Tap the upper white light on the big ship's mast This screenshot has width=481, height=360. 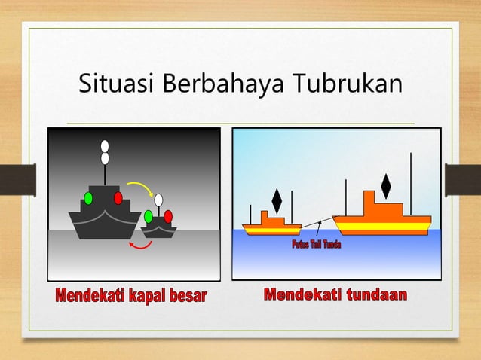point(105,146)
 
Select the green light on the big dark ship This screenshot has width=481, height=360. point(88,198)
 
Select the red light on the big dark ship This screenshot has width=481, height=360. point(118,198)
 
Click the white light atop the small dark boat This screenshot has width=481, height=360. point(159,200)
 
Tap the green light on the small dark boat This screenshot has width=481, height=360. point(149,216)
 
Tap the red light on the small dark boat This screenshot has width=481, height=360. point(168,216)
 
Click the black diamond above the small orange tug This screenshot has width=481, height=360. point(277,200)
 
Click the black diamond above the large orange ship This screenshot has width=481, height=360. point(386,186)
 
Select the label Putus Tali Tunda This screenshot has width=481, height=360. point(316,246)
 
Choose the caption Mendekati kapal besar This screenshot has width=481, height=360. point(130,294)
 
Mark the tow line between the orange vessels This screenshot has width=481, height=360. point(311,223)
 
